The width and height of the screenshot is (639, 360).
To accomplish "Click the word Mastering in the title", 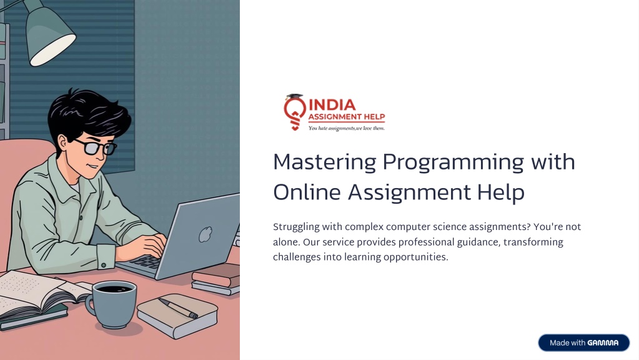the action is [x=324, y=163].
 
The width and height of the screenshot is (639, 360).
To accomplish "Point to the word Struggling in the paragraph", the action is [x=296, y=227].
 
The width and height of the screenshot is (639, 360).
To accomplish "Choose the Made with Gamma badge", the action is [x=583, y=343].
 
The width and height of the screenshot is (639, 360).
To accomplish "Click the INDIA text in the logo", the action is [x=332, y=105].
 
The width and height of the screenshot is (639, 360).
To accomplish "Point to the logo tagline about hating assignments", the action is [x=347, y=128].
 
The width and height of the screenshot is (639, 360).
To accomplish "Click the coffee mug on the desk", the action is [x=112, y=304].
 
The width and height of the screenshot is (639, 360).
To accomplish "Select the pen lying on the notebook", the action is [x=178, y=308].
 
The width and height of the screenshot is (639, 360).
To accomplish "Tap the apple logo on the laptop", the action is [x=206, y=234].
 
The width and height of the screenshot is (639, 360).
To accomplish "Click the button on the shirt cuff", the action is [x=104, y=266].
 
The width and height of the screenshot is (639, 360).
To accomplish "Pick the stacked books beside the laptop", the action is [x=216, y=279].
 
